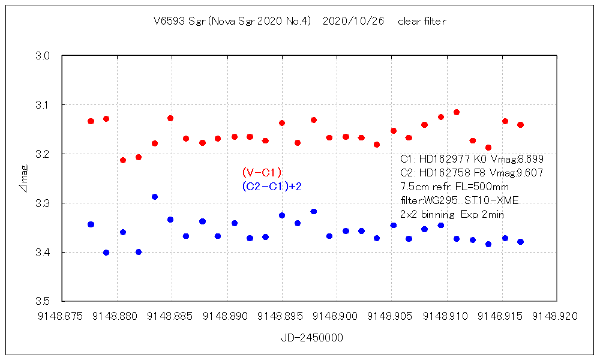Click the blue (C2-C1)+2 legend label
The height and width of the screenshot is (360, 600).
point(272,187)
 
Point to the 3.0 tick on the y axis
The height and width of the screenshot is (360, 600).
point(50,56)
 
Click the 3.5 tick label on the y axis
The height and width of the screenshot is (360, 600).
point(50,301)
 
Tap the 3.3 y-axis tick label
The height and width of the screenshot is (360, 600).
point(50,203)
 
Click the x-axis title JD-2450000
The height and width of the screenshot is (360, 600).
point(312,338)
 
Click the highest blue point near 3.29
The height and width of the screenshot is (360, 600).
point(155,197)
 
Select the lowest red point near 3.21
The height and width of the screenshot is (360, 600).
point(123,160)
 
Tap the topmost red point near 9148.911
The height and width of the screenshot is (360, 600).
point(457,112)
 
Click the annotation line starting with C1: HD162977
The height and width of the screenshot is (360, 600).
point(472,159)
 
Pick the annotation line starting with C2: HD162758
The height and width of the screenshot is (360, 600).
point(472,173)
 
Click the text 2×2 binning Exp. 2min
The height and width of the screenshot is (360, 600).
point(452,214)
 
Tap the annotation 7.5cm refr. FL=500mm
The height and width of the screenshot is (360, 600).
point(454,187)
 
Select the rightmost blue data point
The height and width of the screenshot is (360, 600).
point(520,242)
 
